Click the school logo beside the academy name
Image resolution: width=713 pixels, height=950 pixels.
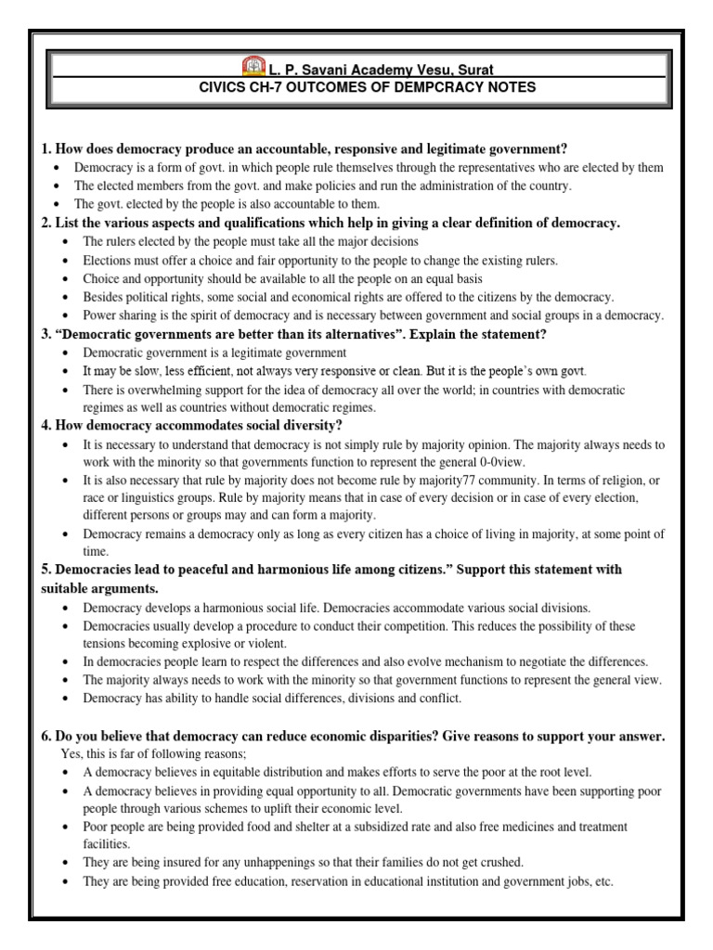click(253, 66)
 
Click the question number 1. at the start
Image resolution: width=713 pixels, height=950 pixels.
click(46, 148)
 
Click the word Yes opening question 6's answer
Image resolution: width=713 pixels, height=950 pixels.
click(71, 753)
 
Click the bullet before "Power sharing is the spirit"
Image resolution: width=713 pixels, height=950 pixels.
click(60, 316)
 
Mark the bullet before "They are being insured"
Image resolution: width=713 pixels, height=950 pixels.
click(60, 863)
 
